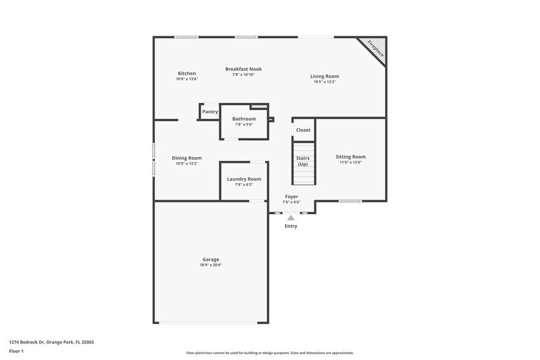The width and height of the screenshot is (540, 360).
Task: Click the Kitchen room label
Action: point(187,73)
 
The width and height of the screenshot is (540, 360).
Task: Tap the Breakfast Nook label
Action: point(243,69)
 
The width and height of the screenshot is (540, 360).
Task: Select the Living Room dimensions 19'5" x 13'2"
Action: point(324,81)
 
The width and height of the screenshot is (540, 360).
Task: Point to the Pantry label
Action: point(210,112)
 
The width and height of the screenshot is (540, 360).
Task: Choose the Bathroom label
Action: point(244,119)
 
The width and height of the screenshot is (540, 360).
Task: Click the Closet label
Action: point(303,130)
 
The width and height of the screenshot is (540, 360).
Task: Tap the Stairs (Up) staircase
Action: point(303,162)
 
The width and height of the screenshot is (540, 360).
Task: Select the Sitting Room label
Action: point(350,157)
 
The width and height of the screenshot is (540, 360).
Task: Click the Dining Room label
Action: point(187,158)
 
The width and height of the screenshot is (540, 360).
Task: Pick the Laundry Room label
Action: point(244,179)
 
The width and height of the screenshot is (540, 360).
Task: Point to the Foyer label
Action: point(291,197)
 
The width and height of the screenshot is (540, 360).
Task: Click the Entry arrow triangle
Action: point(291,217)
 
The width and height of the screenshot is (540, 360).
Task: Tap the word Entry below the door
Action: point(291,226)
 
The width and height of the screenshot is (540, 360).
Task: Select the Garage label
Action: point(211,259)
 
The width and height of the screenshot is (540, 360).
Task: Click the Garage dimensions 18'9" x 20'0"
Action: point(211,265)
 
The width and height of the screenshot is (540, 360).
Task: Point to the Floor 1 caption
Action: point(16,351)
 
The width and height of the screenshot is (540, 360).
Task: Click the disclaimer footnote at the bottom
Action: point(269,353)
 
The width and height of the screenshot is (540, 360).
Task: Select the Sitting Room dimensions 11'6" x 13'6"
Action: point(350,162)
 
